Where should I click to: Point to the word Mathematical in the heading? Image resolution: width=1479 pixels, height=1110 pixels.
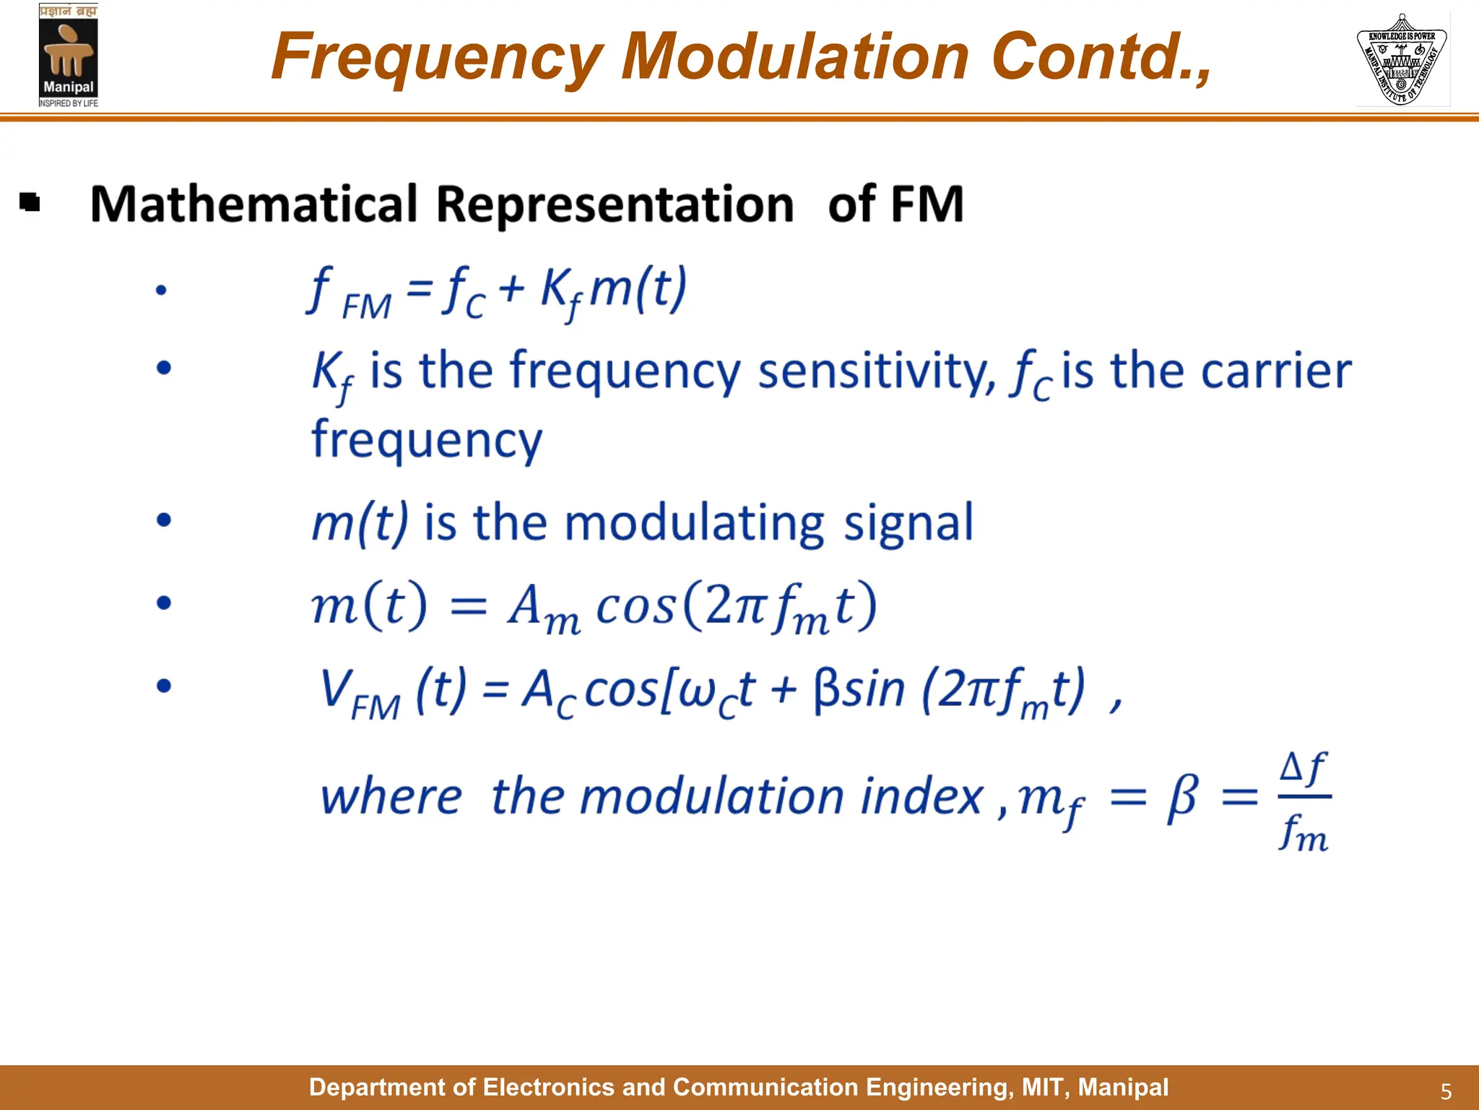(253, 205)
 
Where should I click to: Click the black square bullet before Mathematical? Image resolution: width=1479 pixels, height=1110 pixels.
(30, 202)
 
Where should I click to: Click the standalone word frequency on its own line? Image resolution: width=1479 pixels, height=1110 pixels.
(426, 441)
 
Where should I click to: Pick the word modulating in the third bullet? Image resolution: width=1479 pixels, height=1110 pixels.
(694, 523)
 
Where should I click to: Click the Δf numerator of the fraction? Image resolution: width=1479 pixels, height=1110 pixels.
(1304, 768)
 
